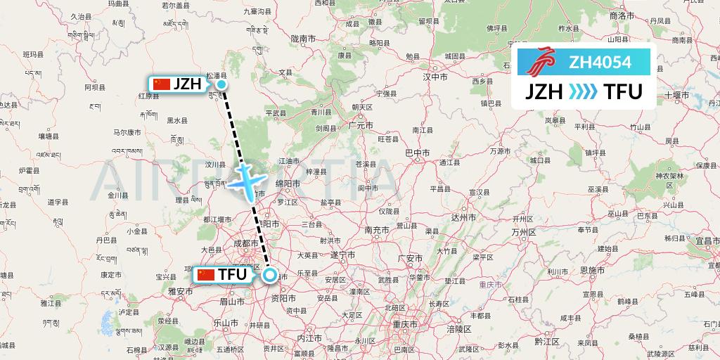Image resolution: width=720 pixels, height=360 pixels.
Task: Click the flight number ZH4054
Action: coord(600,63)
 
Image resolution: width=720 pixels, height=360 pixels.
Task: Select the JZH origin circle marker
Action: coord(221,85)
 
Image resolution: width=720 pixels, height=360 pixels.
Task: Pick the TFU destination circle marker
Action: coord(270,276)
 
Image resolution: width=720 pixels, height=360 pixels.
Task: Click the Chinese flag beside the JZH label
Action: coord(162,84)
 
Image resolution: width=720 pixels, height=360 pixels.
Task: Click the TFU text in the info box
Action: coord(622,92)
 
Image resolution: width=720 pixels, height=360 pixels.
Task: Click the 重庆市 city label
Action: coord(406,325)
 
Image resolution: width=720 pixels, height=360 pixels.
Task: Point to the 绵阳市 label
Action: coord(287,183)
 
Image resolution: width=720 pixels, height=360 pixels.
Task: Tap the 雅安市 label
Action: coord(181,290)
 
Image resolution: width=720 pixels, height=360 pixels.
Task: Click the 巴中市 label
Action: coord(418,152)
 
